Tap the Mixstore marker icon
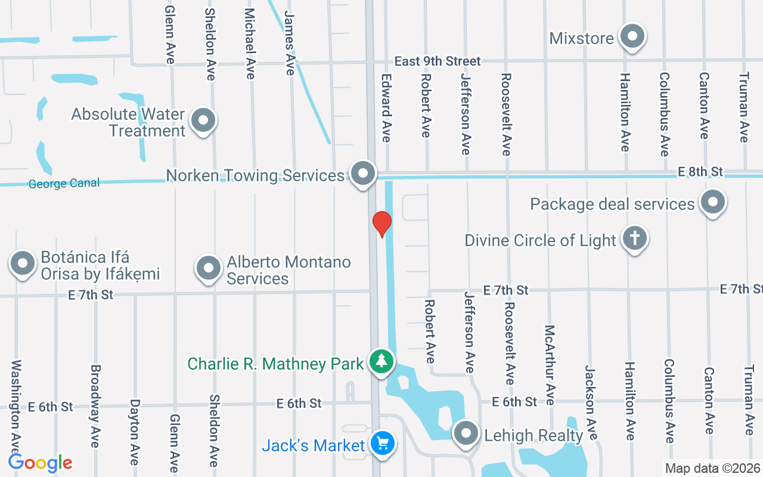pos(632,37)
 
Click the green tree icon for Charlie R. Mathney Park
pos(381,361)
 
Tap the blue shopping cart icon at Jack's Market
pos(382,444)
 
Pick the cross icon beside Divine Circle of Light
pos(634,239)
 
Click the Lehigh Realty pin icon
pos(466,433)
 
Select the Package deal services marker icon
pos(713,203)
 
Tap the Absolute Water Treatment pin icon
pos(203,120)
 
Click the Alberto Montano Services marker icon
pos(209,268)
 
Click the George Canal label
pos(64,184)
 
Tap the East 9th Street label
pos(437,61)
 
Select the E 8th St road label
pos(700,172)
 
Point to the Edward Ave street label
pos(386,107)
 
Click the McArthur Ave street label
pos(550,364)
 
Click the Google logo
pos(41,462)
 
